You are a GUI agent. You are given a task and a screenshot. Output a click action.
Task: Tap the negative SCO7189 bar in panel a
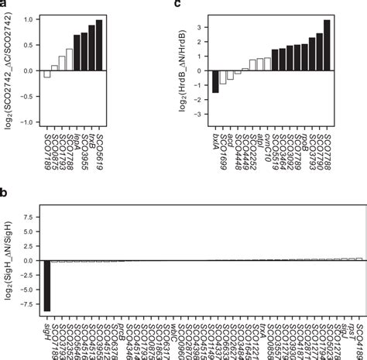point(47,74)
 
